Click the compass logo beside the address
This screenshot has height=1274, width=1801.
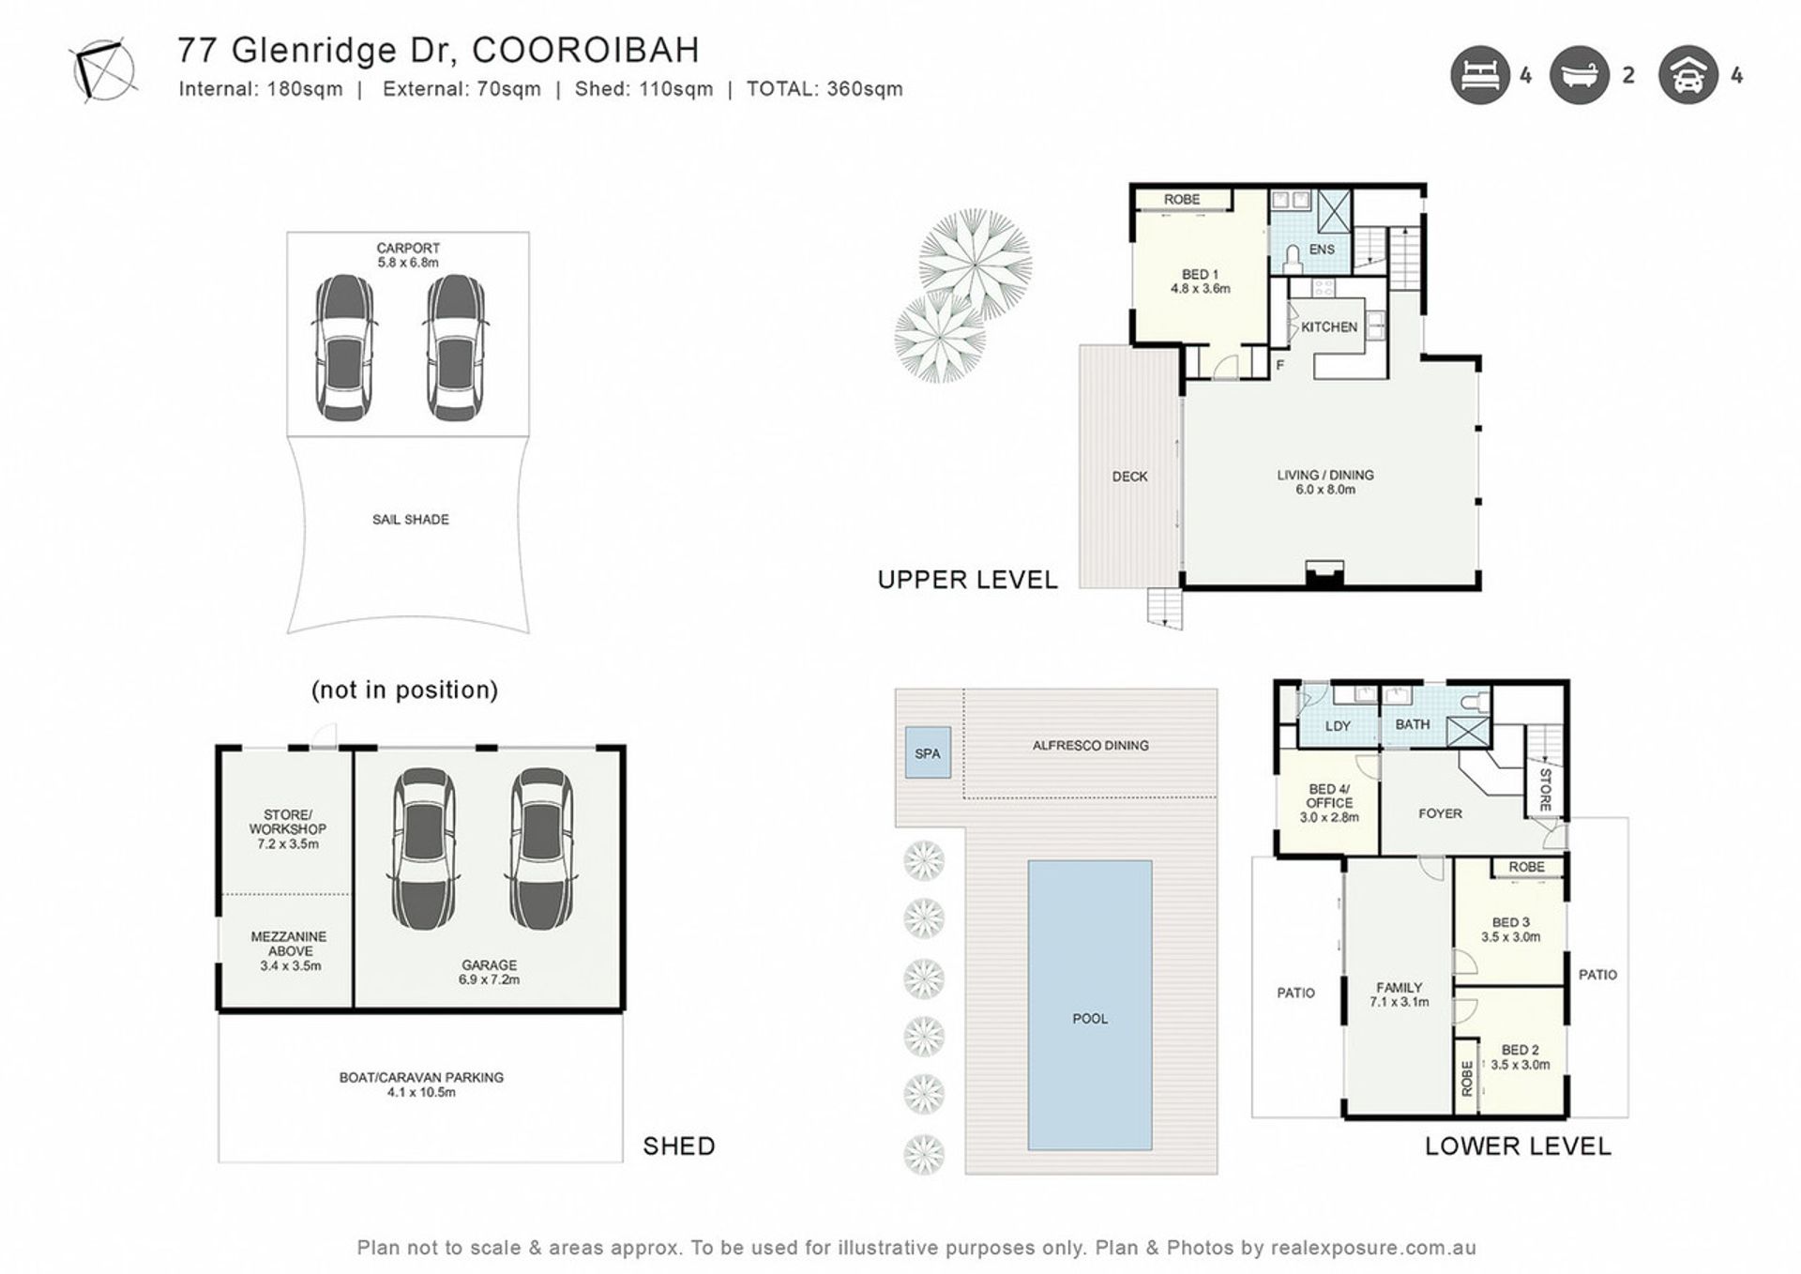pyautogui.click(x=104, y=69)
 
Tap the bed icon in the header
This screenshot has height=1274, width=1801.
pyautogui.click(x=1479, y=75)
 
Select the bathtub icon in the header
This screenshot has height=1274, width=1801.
pyautogui.click(x=1580, y=75)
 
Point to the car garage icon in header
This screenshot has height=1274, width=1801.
pyautogui.click(x=1687, y=75)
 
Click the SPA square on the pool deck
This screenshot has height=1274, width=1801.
pyautogui.click(x=928, y=752)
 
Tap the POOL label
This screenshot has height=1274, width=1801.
pyautogui.click(x=1090, y=1018)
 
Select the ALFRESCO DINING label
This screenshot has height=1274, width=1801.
pyautogui.click(x=1090, y=746)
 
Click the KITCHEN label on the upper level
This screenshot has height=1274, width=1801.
pyautogui.click(x=1329, y=327)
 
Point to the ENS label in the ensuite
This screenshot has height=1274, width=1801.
pyautogui.click(x=1322, y=250)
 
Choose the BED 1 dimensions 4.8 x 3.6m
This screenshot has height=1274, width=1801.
pyautogui.click(x=1201, y=289)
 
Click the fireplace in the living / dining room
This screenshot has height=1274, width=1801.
pyautogui.click(x=1325, y=574)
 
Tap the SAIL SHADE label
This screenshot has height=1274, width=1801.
pyautogui.click(x=411, y=520)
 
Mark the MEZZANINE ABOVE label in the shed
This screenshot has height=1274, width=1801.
pyautogui.click(x=289, y=944)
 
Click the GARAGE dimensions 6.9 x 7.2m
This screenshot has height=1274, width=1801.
pyautogui.click(x=489, y=979)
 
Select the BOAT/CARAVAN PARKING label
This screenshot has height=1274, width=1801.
pyautogui.click(x=421, y=1078)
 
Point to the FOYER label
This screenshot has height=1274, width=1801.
pyautogui.click(x=1440, y=813)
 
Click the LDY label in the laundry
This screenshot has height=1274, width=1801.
pyautogui.click(x=1338, y=726)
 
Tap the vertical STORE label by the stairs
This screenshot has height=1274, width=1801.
pyautogui.click(x=1545, y=790)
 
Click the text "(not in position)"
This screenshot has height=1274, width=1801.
pyautogui.click(x=405, y=690)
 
